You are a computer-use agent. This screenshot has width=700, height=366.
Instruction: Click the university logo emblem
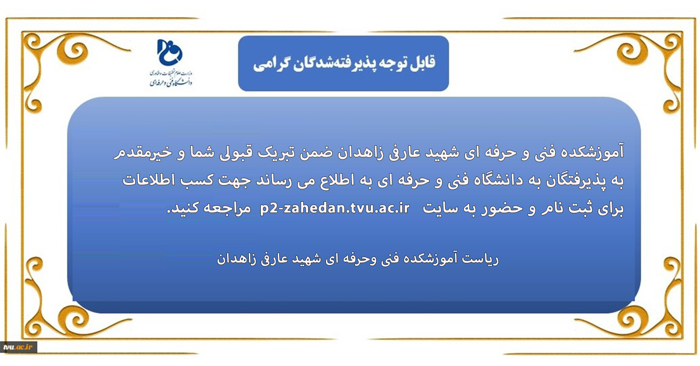[x=170, y=52]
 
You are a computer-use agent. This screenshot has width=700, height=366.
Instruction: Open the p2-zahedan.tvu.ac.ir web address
[x=335, y=208]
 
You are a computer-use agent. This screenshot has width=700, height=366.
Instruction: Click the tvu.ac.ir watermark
[x=18, y=347]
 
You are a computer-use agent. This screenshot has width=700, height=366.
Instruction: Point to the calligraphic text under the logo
[x=171, y=78]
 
